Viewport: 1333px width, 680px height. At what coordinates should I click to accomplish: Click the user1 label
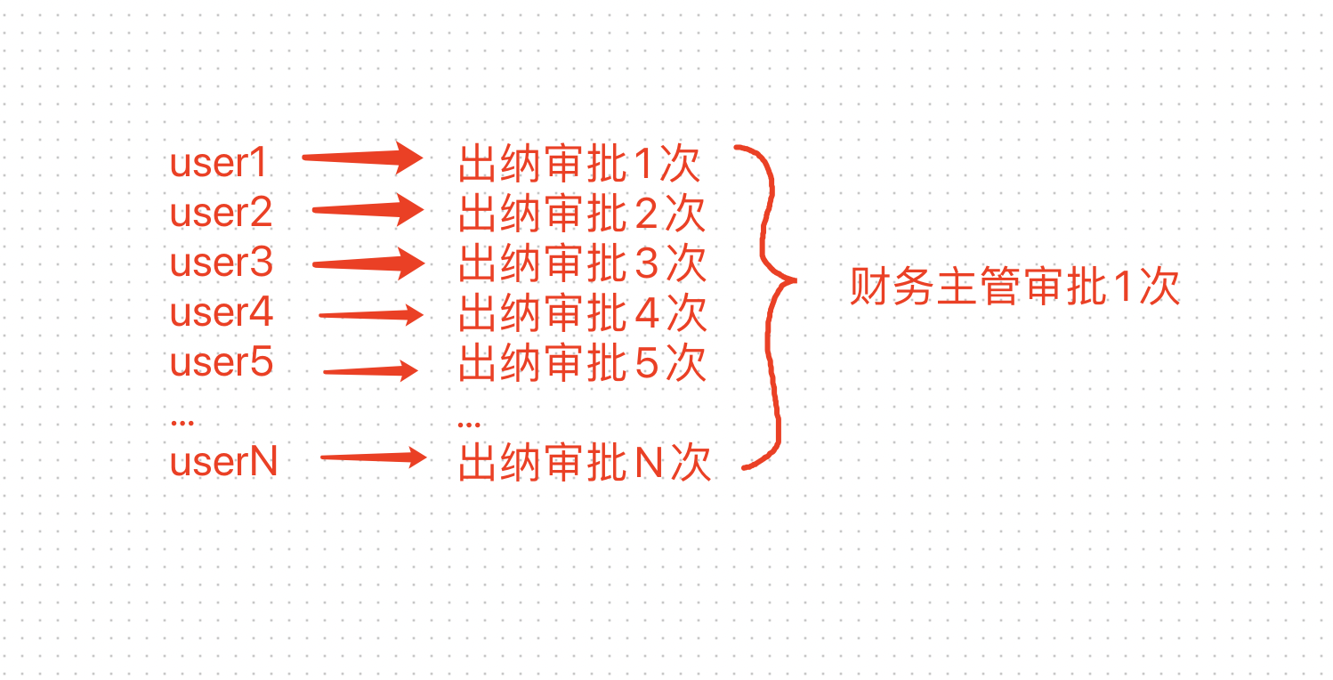[219, 164]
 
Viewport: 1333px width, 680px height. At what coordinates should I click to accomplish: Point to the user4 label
[222, 313]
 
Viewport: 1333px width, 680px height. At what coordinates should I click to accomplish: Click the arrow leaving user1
[361, 158]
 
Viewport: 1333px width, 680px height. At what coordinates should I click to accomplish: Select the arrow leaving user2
[368, 210]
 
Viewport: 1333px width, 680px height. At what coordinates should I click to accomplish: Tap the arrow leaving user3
[368, 263]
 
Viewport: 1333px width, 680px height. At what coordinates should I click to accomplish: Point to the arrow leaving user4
[370, 314]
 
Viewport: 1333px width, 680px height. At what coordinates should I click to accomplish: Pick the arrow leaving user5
[370, 370]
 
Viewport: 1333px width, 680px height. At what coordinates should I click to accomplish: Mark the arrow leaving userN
[373, 458]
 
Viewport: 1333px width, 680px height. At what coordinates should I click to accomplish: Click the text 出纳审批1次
[580, 165]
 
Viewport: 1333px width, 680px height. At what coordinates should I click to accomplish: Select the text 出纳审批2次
[582, 215]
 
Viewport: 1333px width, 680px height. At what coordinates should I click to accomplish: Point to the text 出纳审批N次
[585, 464]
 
